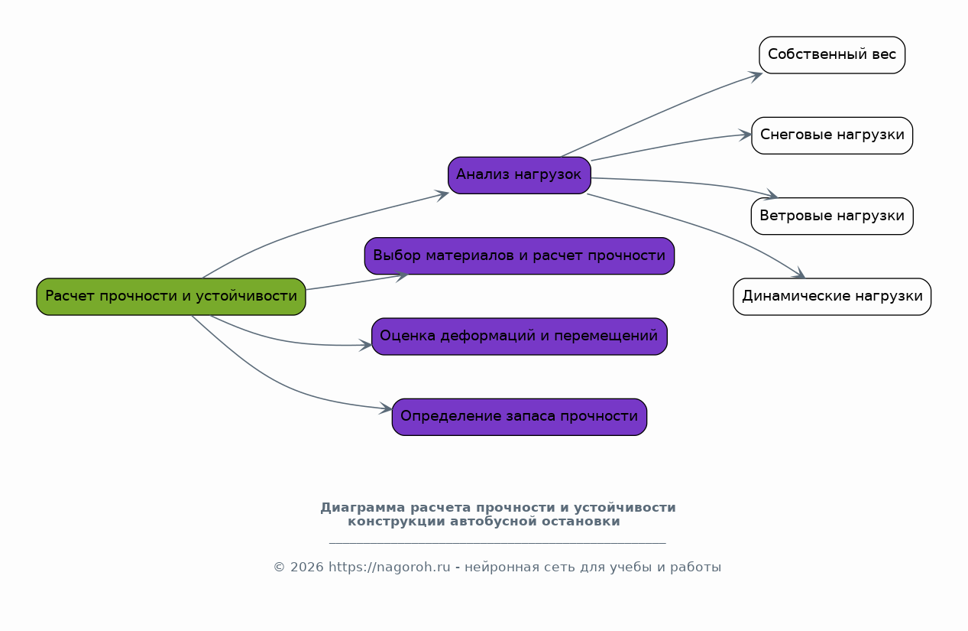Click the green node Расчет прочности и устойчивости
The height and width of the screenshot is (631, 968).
(x=171, y=296)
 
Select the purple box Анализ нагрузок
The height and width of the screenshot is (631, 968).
(x=519, y=175)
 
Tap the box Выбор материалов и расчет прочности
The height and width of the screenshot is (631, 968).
(x=519, y=255)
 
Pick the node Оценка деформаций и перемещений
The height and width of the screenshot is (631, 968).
(x=519, y=337)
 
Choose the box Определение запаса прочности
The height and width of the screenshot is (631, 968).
(x=519, y=417)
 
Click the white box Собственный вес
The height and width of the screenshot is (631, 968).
(x=831, y=55)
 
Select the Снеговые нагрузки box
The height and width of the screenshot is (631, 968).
(x=831, y=135)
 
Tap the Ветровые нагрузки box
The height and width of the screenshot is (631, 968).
(x=831, y=216)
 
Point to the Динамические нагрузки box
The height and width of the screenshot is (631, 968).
(x=831, y=296)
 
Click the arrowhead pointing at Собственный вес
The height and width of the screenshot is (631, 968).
(x=756, y=75)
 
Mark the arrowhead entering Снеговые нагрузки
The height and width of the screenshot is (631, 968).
(x=746, y=135)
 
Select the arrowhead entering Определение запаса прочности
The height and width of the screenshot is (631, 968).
(x=386, y=409)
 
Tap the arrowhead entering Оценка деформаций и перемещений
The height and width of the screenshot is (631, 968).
(x=366, y=346)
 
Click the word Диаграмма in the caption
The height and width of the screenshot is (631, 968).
(x=354, y=508)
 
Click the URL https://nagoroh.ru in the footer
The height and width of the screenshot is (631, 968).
(x=389, y=568)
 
